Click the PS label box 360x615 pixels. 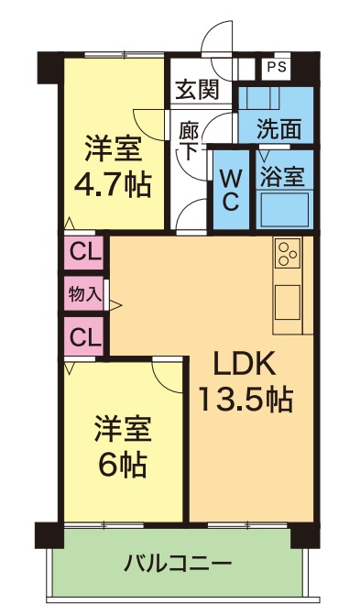coord(275,66)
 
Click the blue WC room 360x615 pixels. coord(230,188)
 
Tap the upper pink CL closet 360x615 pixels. coord(84,251)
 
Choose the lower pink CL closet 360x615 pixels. coord(84,337)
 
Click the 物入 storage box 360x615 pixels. coord(84,294)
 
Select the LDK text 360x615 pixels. coord(245,364)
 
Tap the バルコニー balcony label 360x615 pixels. coord(179,562)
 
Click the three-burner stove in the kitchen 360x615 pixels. coord(288,252)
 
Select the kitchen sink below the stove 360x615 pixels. coord(288,299)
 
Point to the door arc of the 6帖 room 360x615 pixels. coord(168,376)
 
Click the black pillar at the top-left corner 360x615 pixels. coord(49,65)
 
